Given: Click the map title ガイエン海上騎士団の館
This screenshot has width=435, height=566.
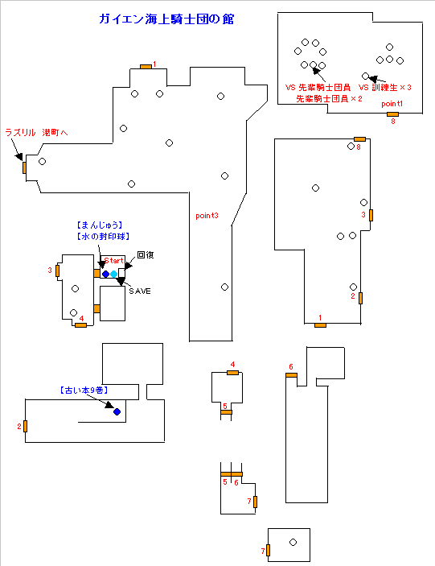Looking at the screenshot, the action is click(x=166, y=19).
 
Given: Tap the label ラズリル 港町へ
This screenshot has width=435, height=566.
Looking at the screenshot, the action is click(x=36, y=133).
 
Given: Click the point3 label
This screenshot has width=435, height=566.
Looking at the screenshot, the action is click(x=207, y=216).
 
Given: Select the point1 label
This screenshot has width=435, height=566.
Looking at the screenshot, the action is click(x=392, y=104).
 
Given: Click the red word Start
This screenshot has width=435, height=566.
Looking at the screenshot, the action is click(x=114, y=261).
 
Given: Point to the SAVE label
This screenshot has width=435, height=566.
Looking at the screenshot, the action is click(x=140, y=291).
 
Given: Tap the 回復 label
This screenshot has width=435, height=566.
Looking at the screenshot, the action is click(x=146, y=255).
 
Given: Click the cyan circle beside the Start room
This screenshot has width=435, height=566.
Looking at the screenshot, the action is click(x=114, y=274).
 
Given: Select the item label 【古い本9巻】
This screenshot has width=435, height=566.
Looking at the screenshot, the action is click(x=84, y=390).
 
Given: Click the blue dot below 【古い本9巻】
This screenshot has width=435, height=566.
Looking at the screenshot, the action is click(x=117, y=411).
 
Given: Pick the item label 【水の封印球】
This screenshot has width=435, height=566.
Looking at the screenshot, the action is click(x=103, y=237).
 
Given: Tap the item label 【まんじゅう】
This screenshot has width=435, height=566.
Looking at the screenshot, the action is click(x=100, y=225).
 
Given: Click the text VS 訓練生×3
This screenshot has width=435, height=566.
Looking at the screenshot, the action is click(x=385, y=87).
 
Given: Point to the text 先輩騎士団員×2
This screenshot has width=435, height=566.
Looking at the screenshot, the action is click(x=329, y=98).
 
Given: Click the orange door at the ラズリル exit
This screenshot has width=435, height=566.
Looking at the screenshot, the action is click(x=24, y=167).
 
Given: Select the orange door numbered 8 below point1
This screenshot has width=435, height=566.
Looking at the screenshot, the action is click(x=392, y=114).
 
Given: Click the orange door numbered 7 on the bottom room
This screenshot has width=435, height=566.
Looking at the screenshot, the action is click(x=268, y=550).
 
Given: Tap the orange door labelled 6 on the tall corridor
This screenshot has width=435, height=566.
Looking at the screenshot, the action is click(x=292, y=375).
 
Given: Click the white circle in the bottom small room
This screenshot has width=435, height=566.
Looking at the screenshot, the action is click(x=293, y=542).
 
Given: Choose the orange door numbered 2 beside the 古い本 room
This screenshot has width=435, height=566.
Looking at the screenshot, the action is click(x=25, y=426).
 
